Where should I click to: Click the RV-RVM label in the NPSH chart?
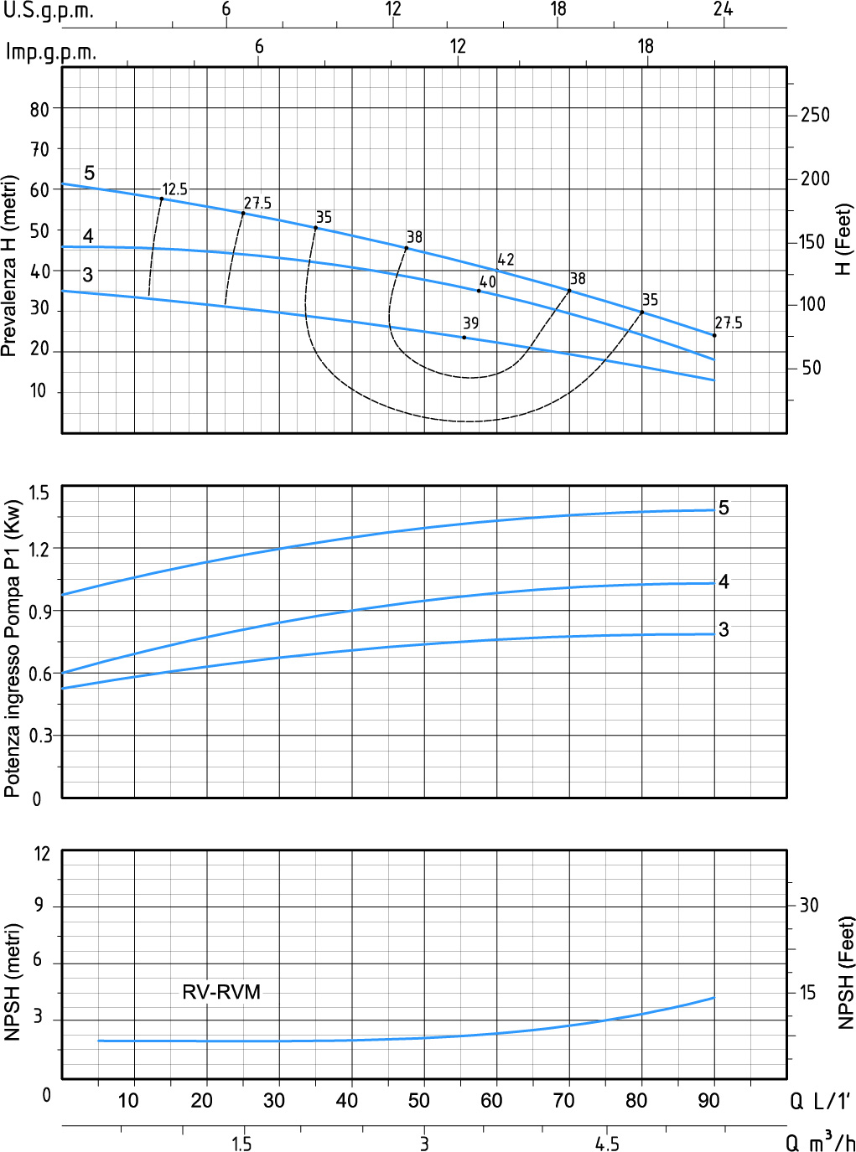pos(221,992)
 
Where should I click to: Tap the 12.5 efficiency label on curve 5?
pos(174,189)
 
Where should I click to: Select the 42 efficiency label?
pos(506,260)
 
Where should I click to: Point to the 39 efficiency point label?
pos(470,323)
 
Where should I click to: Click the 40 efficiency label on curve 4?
pos(488,282)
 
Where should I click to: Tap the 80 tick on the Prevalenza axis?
pos(39,109)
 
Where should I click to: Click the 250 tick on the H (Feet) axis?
pos(815,115)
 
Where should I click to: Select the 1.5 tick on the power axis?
pos(39,493)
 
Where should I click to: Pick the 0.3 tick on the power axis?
pos(39,736)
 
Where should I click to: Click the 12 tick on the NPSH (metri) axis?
pos(42,854)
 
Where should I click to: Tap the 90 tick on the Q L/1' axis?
pos(708,1100)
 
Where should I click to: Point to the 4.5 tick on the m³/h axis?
pos(607,1144)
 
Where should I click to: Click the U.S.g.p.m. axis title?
pos(48,11)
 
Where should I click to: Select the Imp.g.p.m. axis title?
pos(51,52)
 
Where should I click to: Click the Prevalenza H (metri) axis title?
pos(9,266)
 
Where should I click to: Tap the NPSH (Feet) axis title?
pos(846,972)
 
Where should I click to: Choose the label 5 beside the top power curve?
pos(724,508)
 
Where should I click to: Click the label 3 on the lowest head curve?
pos(87,275)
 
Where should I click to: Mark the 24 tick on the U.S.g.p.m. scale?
pos(723,9)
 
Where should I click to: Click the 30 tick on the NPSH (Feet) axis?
pos(808,905)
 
